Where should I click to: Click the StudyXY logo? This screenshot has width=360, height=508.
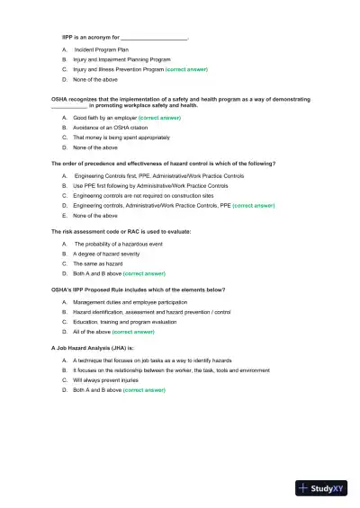pos(320,488)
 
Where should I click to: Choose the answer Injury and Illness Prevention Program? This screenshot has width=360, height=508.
pos(119,68)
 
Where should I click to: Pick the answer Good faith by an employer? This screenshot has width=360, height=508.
pos(104,118)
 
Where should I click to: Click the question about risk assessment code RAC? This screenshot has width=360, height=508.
pos(121,232)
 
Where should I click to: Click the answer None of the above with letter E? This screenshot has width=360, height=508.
pos(95,216)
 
